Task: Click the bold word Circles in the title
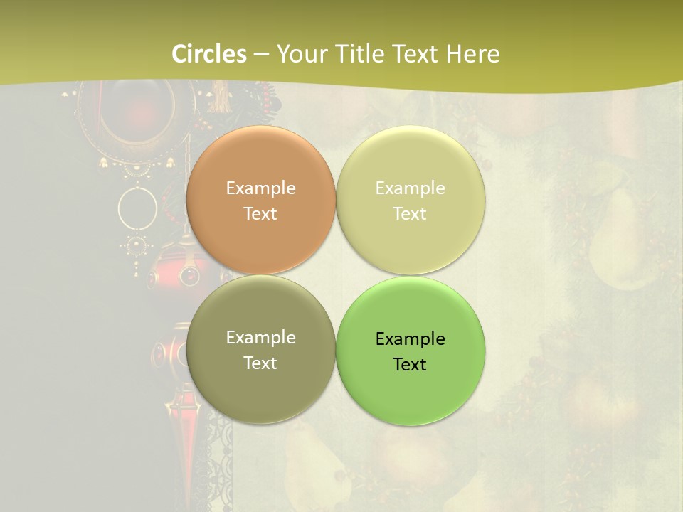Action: pos(209,54)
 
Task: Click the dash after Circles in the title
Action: pos(261,55)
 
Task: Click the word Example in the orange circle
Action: pos(260,188)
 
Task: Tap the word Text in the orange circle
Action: pos(260,214)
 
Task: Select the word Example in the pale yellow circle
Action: pos(410,188)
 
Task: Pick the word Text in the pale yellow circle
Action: pos(410,214)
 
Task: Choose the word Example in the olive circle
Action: pos(260,338)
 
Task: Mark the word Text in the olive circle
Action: pos(260,363)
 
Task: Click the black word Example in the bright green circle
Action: pos(410,339)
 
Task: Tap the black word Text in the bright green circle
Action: pos(410,365)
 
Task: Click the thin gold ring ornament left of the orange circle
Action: pos(137,207)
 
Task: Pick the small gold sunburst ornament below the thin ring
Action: pos(137,246)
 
